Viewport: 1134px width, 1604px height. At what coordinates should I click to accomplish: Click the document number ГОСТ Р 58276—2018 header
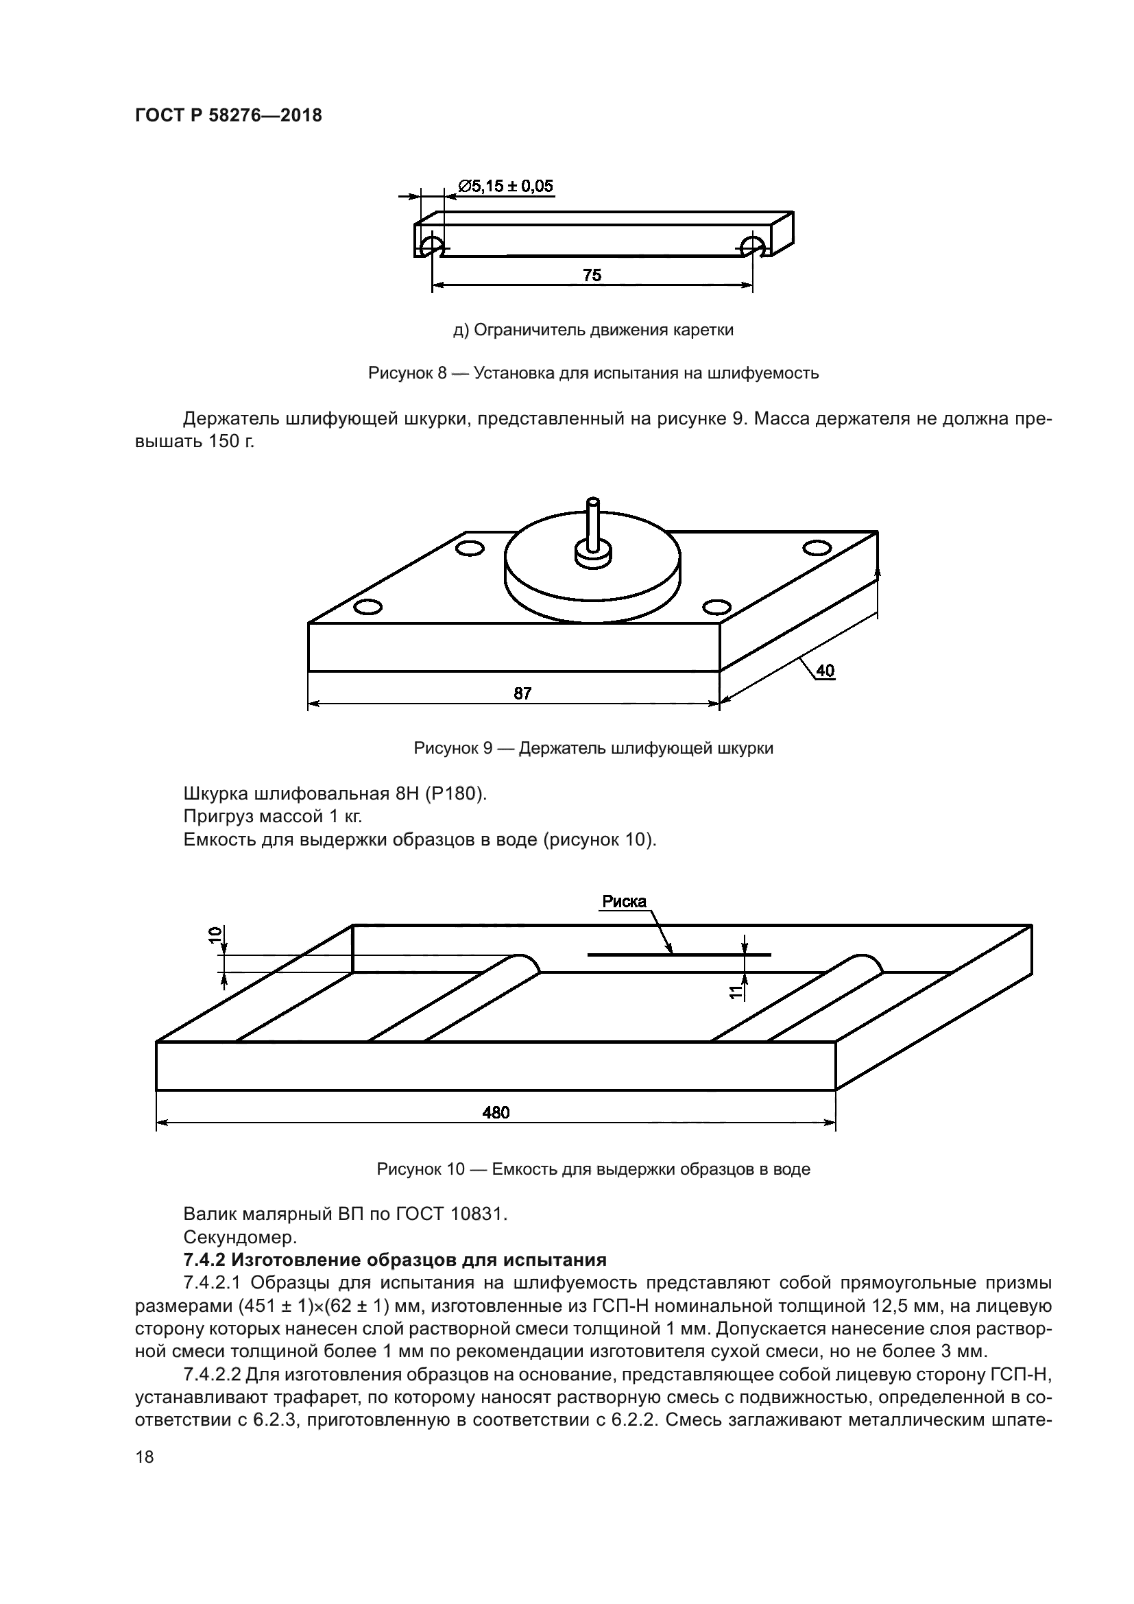tap(228, 115)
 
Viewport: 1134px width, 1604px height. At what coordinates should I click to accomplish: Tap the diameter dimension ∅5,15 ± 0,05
tap(505, 186)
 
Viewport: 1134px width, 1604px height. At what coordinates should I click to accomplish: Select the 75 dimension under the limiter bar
tap(592, 275)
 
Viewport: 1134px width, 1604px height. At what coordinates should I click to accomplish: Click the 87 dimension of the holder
tap(522, 693)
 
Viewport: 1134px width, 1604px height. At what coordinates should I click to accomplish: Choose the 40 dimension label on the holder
tap(825, 671)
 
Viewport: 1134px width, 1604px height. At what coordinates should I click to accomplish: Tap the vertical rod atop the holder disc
tap(593, 524)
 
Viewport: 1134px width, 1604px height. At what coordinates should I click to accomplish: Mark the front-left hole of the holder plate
tap(367, 606)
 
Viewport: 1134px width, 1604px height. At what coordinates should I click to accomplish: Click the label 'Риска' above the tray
tap(625, 901)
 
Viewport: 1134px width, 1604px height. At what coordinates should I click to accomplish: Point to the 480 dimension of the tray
tap(496, 1112)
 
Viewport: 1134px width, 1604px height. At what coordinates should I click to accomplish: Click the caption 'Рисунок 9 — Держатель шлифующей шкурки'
tap(593, 748)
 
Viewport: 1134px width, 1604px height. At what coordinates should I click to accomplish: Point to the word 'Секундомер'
tap(240, 1237)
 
